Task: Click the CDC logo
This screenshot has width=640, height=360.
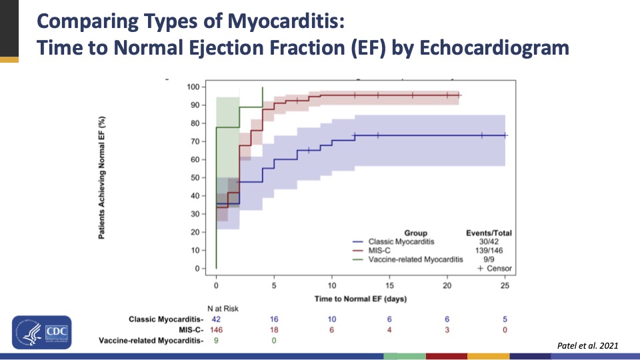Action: (41, 332)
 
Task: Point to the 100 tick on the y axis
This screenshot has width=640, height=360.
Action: (194, 87)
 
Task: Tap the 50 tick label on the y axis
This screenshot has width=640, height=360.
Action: (196, 177)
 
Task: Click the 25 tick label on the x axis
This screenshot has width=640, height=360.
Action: (505, 285)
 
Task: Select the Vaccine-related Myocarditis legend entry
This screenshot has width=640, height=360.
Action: (413, 259)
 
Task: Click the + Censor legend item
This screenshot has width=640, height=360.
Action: (494, 268)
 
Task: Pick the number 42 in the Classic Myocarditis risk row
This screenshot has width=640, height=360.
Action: (216, 319)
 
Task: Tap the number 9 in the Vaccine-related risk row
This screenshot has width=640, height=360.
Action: (216, 341)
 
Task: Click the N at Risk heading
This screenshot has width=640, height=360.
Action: (223, 309)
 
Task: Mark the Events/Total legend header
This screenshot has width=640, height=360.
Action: (489, 233)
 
